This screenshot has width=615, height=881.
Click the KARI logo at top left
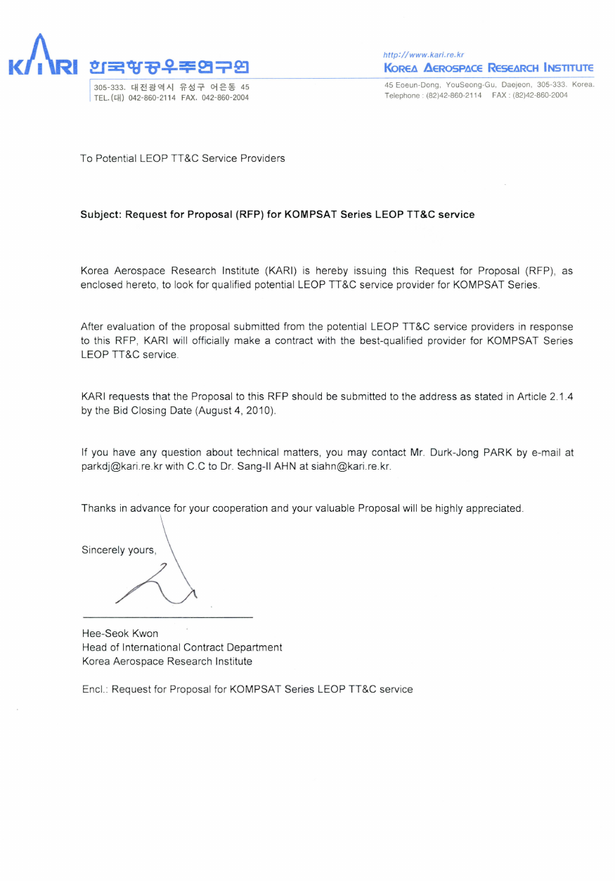tap(41, 58)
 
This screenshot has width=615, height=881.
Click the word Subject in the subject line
tap(100, 214)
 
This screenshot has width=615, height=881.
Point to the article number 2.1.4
tap(559, 397)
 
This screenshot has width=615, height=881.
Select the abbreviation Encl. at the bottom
tap(95, 689)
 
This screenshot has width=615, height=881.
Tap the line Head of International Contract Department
tap(182, 647)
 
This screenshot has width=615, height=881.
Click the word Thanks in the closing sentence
tap(98, 508)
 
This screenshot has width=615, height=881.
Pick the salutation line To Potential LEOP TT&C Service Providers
tap(183, 158)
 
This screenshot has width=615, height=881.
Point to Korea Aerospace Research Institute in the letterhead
tap(488, 68)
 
